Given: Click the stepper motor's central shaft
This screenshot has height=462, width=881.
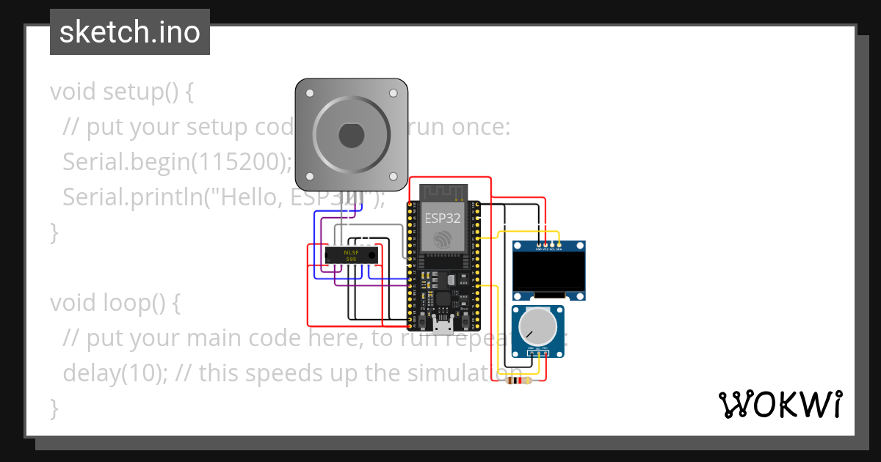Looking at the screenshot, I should pos(351,135).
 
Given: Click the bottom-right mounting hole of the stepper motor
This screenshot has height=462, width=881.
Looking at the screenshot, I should pos(392,176).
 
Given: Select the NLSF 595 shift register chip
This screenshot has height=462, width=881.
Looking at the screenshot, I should pos(351,254).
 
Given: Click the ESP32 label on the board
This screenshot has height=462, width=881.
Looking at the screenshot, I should pos(443,218).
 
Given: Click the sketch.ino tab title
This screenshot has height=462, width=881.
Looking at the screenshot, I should pos(129,32).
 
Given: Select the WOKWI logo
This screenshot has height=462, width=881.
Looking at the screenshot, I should pos(780,404).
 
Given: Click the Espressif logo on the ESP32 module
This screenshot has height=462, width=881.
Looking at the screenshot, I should pos(443,238).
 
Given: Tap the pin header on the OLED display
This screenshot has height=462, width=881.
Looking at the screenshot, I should pos(549,244).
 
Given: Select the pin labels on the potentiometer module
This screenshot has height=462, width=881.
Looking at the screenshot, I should pos(539,348).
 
